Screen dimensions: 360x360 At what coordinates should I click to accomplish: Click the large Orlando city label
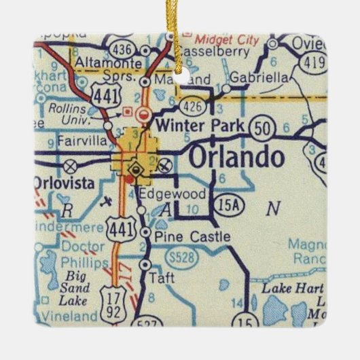236,158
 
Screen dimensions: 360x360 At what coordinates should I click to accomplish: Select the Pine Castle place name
192,237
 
